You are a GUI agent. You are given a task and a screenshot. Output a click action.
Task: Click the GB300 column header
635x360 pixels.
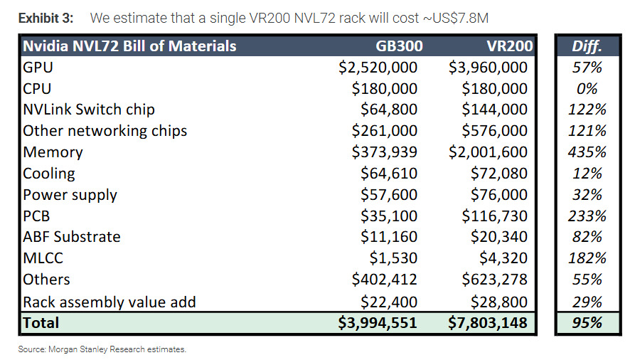(x=399, y=46)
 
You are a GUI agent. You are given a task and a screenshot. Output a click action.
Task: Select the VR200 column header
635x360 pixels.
(x=509, y=46)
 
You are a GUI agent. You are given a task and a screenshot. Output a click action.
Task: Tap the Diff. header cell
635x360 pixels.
(x=587, y=46)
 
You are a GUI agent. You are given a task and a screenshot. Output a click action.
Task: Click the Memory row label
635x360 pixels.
(x=53, y=152)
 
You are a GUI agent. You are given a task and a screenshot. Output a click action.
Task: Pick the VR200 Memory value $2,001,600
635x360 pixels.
(x=488, y=152)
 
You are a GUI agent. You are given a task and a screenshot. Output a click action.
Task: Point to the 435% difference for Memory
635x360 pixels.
(x=587, y=152)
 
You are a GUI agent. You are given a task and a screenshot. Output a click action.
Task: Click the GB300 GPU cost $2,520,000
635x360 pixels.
(x=378, y=68)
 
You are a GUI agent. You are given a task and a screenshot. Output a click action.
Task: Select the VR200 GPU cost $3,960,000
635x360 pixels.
(x=488, y=68)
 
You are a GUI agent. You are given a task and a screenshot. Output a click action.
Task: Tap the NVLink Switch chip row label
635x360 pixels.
(x=89, y=110)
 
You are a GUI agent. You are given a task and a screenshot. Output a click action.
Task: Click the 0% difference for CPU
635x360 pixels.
(x=587, y=88)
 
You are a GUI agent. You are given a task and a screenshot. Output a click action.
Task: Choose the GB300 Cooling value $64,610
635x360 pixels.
(x=389, y=173)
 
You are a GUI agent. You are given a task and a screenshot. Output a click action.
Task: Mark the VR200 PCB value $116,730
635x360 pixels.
(x=494, y=216)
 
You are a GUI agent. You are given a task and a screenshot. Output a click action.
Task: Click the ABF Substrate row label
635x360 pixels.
(x=72, y=237)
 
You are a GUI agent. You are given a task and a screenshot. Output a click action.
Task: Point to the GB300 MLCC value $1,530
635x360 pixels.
(x=393, y=258)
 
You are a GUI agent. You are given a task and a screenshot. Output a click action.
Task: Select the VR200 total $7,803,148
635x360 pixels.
(x=488, y=323)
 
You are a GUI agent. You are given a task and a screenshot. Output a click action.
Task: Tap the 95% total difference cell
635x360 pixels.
(x=587, y=323)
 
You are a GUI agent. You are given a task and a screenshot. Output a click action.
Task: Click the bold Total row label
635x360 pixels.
(x=41, y=323)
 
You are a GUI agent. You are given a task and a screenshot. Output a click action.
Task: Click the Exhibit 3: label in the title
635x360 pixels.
(x=46, y=18)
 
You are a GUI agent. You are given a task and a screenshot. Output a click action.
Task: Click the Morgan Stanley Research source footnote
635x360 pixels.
(x=102, y=349)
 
